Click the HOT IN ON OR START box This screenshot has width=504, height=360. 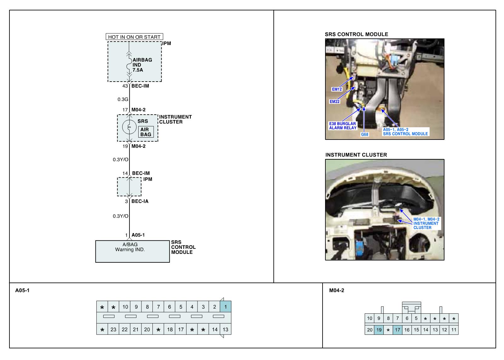tap(134, 37)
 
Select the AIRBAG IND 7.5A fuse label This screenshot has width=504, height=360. tap(142, 65)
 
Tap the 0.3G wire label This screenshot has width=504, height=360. tap(123, 100)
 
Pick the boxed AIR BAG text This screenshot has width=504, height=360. tap(146, 132)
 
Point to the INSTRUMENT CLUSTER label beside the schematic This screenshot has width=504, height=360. tap(175, 119)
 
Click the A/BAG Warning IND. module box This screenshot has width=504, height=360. tap(132, 251)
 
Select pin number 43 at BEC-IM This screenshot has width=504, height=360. tap(125, 86)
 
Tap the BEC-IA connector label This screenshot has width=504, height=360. tap(140, 201)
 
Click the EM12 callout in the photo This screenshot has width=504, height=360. tap(337, 89)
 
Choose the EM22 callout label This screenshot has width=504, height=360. tap(335, 102)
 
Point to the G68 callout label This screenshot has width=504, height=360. tap(364, 134)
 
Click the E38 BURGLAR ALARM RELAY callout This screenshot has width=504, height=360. tap(343, 126)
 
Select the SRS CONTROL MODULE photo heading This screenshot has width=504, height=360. tap(356, 34)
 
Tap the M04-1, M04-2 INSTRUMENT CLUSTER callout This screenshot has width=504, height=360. tap(426, 223)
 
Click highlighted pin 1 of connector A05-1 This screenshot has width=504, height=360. tap(226, 307)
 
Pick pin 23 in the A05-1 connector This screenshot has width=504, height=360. tap(113, 329)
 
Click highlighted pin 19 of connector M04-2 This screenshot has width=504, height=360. tap(379, 330)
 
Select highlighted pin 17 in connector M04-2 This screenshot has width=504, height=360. tap(398, 330)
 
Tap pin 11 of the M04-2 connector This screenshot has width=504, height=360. tap(454, 330)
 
